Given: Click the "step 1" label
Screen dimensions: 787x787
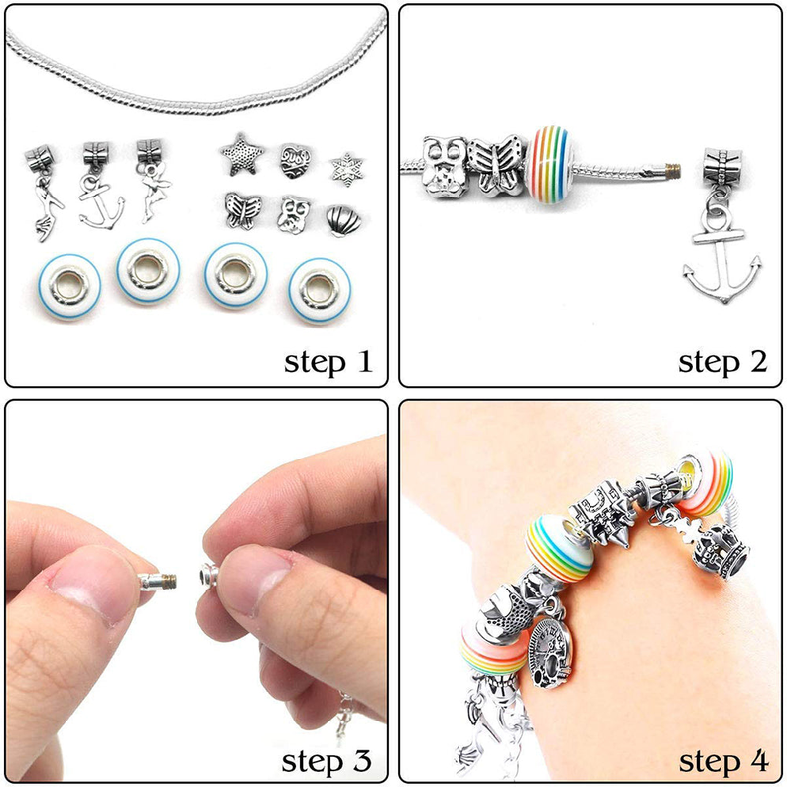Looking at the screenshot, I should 328,362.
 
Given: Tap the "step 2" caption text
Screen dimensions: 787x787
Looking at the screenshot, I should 722,362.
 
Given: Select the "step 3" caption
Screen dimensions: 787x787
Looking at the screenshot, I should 328,761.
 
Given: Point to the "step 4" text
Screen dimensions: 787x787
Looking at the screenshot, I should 722,761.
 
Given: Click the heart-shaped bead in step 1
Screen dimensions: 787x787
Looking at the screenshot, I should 292,159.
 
